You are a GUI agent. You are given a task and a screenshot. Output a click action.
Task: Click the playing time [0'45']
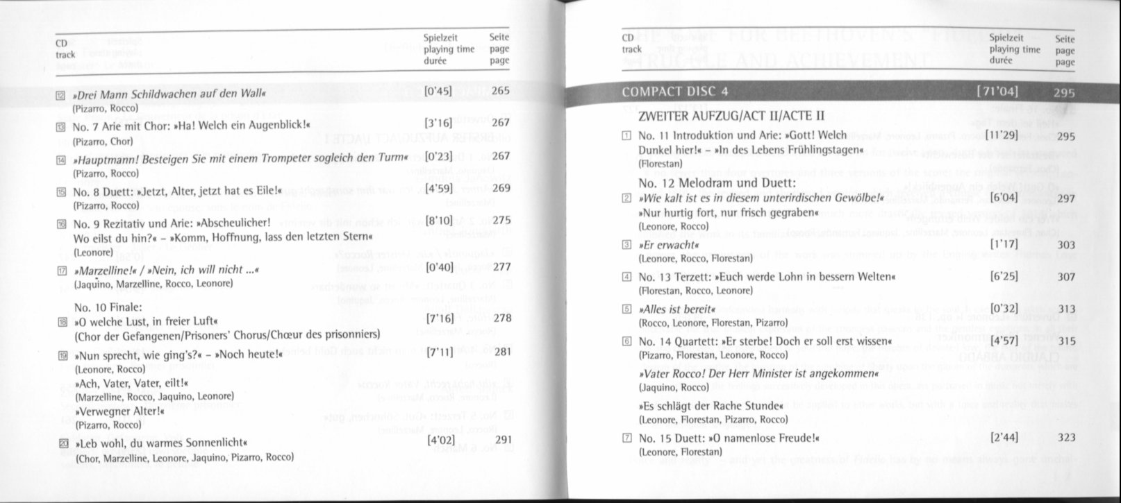438,90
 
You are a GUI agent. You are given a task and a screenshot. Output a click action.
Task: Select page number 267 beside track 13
500,123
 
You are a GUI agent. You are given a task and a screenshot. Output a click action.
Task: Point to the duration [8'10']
438,220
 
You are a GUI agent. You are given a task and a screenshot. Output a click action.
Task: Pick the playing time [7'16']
438,318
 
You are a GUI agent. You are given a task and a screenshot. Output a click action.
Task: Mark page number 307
1066,277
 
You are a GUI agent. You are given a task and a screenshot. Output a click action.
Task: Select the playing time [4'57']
1005,341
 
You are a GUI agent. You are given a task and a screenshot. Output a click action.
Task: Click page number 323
1066,437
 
